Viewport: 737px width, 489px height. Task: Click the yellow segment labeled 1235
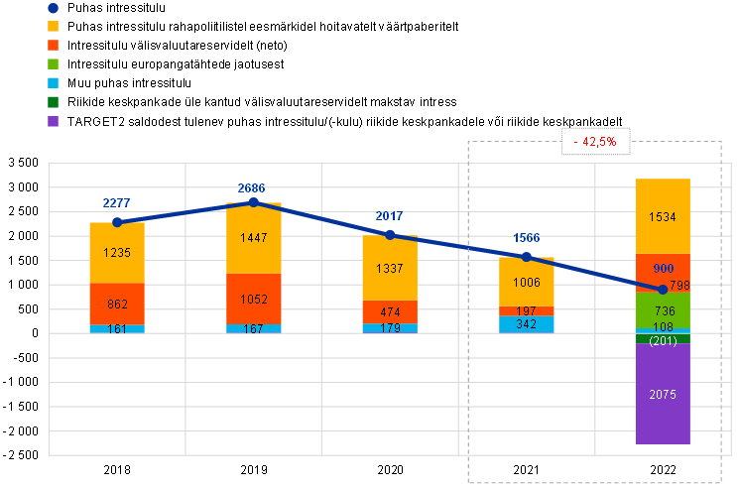coord(117,253)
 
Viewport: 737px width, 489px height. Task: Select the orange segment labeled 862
coord(117,305)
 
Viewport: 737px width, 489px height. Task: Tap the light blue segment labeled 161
coord(117,328)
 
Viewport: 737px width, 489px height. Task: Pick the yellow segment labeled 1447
coord(254,239)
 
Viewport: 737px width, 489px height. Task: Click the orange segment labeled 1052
coord(254,299)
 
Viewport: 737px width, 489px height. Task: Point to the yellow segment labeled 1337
coord(390,268)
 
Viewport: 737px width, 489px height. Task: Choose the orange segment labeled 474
coord(390,312)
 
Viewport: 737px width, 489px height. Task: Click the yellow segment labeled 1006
coord(527,282)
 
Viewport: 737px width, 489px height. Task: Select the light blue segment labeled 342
coord(527,324)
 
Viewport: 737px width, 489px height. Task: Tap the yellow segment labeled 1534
coord(663,216)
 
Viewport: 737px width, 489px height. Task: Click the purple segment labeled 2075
coord(663,394)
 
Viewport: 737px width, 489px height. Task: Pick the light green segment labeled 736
coord(663,310)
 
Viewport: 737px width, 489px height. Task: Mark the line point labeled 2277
coord(117,222)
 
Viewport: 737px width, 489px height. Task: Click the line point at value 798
coord(663,289)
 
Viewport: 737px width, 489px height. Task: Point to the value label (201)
coord(663,341)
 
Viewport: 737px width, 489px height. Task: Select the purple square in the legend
coord(53,121)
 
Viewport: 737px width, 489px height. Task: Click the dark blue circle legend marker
coord(53,8)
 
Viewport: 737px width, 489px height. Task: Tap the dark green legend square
coord(53,102)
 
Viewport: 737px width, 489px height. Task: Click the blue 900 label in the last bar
coord(663,269)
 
